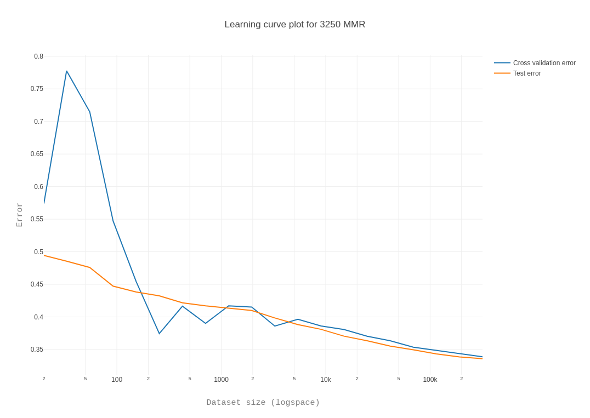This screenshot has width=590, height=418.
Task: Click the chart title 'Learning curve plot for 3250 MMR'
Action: click(294, 25)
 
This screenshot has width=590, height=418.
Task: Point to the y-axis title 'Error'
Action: click(19, 215)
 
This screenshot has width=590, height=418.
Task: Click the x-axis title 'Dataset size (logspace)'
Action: click(263, 403)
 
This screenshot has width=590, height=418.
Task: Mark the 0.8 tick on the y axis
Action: click(38, 56)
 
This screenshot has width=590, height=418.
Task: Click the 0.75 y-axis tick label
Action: click(37, 89)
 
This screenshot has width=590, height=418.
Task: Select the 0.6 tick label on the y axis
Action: click(38, 187)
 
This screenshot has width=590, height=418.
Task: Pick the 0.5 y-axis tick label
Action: click(38, 252)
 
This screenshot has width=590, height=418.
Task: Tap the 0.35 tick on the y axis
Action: click(37, 350)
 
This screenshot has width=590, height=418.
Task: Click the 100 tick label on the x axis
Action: click(117, 380)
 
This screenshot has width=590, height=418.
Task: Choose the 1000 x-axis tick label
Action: click(221, 380)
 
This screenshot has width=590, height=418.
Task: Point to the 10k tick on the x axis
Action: click(326, 380)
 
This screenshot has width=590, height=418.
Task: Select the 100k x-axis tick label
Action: click(430, 380)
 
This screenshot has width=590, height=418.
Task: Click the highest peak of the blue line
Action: click(66, 71)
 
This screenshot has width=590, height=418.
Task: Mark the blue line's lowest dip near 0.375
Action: click(160, 334)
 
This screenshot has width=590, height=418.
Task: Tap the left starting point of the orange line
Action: click(44, 255)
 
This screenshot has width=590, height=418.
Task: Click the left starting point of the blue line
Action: click(44, 203)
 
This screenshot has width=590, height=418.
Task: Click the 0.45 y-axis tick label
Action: click(37, 284)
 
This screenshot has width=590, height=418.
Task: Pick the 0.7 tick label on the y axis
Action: click(38, 122)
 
